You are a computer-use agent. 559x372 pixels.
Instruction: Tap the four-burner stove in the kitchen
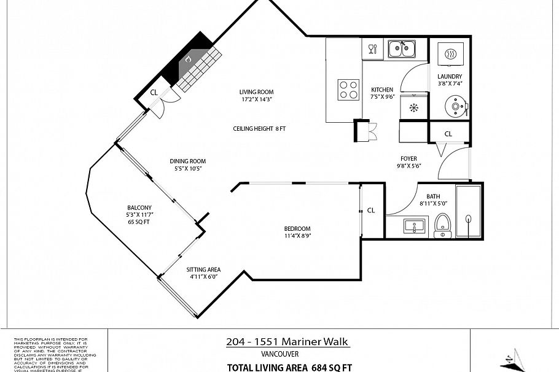point(349,90)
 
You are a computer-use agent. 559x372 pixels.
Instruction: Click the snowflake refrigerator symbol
point(413,108)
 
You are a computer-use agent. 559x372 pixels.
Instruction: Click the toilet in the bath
point(442,225)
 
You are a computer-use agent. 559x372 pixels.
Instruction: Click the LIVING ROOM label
point(256,92)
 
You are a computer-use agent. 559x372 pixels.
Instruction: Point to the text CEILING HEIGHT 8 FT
point(259,129)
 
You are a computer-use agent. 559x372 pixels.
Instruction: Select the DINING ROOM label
point(187,161)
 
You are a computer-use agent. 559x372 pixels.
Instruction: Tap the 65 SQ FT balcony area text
point(139,222)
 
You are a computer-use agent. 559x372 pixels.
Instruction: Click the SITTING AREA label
point(203,269)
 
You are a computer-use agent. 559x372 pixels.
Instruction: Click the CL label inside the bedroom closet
point(370,211)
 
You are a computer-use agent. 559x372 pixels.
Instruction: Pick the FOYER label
point(408,159)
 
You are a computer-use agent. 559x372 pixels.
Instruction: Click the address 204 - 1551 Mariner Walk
point(288,342)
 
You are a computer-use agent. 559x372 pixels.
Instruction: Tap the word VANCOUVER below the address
point(279,354)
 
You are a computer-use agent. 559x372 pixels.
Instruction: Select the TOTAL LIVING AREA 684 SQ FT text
point(289,367)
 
